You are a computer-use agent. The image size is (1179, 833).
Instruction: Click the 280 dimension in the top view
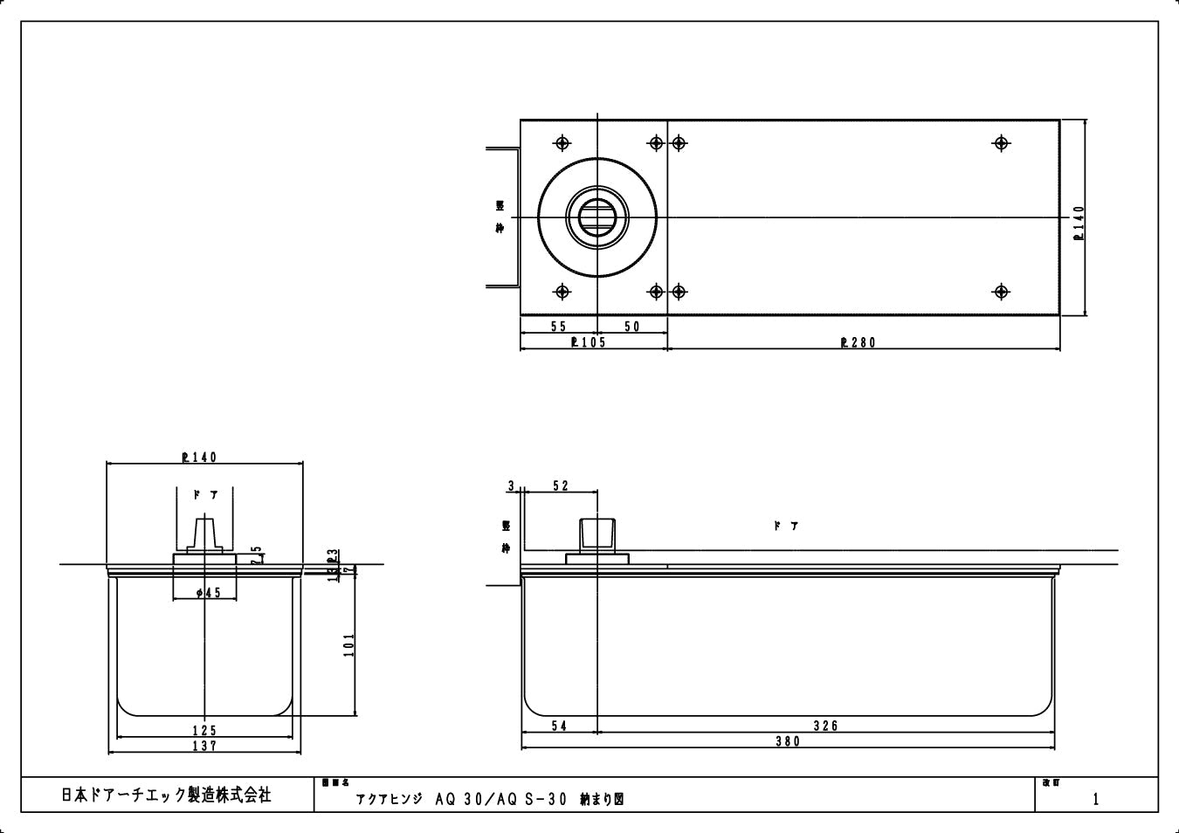point(858,342)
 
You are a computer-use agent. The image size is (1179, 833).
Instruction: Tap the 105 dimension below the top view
point(588,342)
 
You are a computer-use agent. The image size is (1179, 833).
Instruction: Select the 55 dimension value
point(559,327)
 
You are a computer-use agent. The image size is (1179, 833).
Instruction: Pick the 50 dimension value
point(631,327)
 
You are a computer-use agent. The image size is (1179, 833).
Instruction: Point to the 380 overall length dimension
point(787,741)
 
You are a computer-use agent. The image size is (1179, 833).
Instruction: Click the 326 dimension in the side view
point(825,726)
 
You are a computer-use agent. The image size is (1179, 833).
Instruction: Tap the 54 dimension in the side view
point(559,726)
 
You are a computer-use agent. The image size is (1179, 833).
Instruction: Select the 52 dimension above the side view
point(560,486)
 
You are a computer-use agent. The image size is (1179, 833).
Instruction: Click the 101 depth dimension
point(349,646)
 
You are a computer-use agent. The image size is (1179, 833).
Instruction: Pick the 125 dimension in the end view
point(204,730)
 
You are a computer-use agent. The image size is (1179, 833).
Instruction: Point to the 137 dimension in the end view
point(204,746)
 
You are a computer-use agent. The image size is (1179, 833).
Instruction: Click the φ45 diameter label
point(209,593)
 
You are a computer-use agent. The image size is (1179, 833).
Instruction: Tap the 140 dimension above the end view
point(199,457)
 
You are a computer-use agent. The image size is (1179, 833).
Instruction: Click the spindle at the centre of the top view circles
point(596,216)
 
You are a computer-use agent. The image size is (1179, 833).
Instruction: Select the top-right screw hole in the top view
point(1002,143)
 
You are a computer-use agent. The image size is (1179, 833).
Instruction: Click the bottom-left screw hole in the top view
point(562,292)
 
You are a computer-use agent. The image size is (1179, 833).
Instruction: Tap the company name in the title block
point(166,795)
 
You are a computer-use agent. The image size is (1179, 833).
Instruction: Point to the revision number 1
point(1096,799)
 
